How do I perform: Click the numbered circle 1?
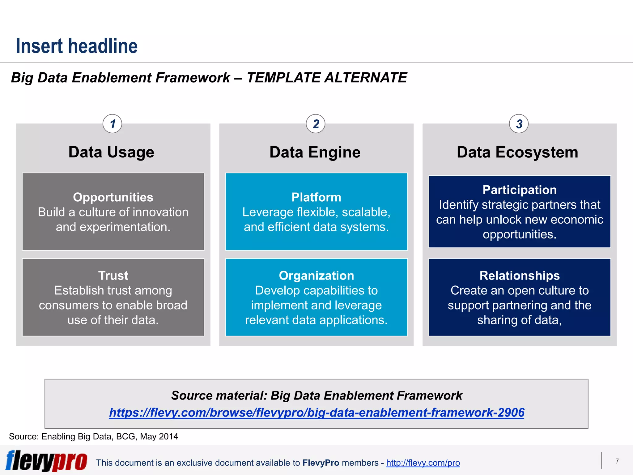(112, 124)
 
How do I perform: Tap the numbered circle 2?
(316, 124)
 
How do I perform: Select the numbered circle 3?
(519, 124)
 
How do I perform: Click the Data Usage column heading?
(111, 152)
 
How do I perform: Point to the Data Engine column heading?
(315, 152)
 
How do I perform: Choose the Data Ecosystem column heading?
(517, 152)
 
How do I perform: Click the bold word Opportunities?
(113, 197)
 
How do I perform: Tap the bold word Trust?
(113, 276)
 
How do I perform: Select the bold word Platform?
(316, 197)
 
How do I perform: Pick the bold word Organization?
(316, 276)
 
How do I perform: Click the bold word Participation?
(520, 190)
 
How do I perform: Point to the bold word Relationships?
(520, 276)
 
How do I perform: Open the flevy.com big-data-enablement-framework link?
(316, 413)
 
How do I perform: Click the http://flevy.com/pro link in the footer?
(423, 463)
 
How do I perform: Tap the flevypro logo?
(46, 461)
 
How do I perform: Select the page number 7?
(617, 461)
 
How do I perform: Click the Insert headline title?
(77, 46)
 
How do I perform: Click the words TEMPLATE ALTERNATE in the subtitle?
(327, 78)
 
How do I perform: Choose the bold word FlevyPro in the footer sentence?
(321, 463)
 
